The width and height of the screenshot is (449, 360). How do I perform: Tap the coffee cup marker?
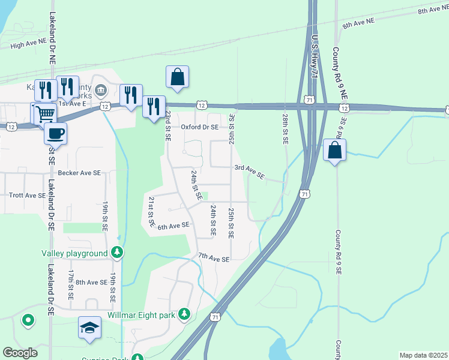click(56, 133)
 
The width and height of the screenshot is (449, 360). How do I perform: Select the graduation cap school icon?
click(89, 328)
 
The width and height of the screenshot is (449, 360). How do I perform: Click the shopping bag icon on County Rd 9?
click(335, 150)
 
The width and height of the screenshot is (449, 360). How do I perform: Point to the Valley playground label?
click(74, 253)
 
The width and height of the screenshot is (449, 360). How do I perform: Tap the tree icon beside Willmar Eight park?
click(185, 314)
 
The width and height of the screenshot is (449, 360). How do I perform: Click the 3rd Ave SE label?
click(249, 172)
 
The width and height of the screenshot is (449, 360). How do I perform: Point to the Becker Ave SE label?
click(79, 173)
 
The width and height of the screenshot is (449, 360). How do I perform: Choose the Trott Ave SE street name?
click(28, 196)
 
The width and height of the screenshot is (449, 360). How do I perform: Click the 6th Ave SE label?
click(173, 226)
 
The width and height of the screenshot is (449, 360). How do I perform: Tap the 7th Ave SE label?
click(214, 259)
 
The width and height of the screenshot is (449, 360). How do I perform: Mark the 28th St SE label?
click(286, 129)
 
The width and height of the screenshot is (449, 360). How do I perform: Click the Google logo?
click(20, 353)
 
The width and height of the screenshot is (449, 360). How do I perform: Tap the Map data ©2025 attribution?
click(423, 355)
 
